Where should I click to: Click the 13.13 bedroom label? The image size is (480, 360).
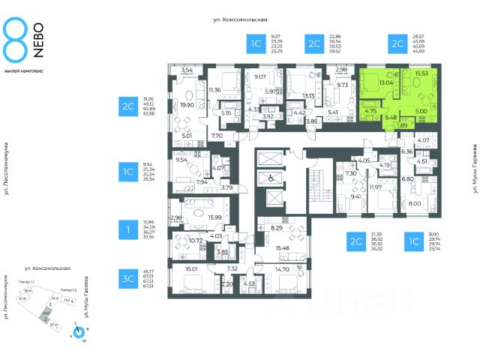pyautogui.click(x=307, y=95)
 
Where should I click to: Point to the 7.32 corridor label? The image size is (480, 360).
pyautogui.click(x=232, y=268)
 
